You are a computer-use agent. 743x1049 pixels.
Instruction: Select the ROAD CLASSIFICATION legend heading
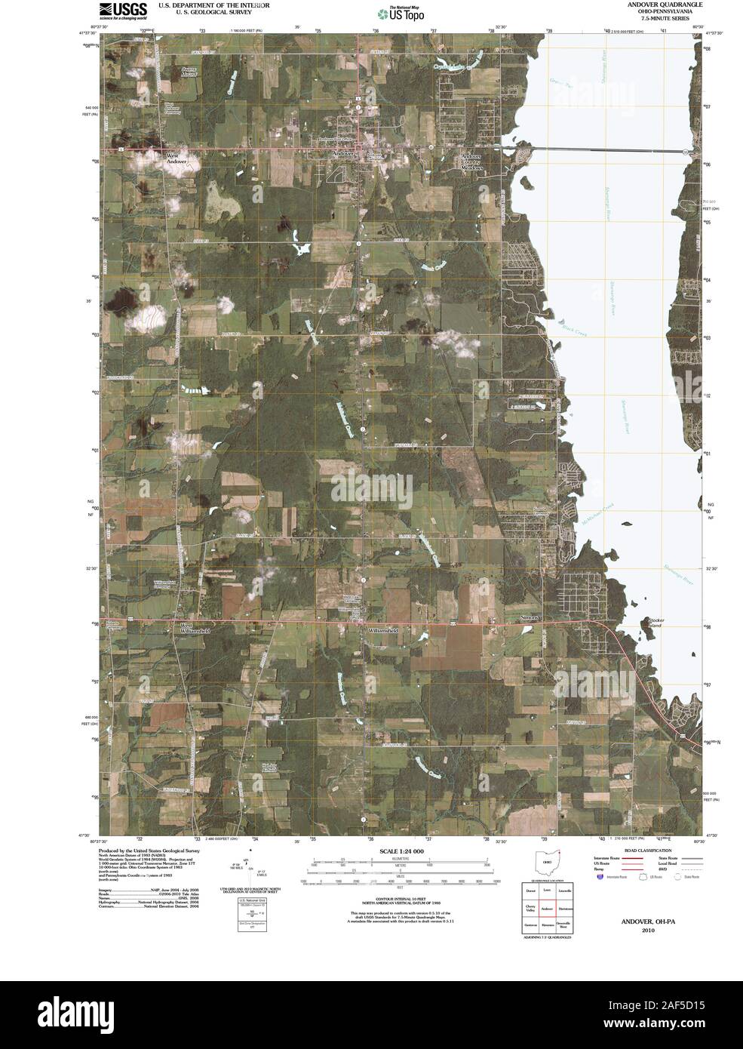tap(648, 851)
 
